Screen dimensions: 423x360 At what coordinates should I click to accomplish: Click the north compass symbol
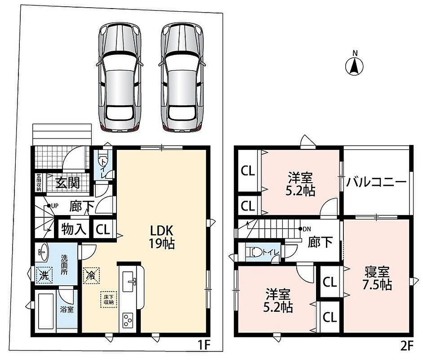tap(355, 66)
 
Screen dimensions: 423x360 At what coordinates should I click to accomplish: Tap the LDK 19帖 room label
tap(161, 237)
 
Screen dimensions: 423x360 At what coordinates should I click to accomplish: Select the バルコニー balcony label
tap(376, 182)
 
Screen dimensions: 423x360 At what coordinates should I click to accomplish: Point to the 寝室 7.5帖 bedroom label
tap(377, 278)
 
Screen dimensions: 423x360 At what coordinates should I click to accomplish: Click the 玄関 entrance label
tap(68, 183)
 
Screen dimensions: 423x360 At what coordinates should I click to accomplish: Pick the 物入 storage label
tap(74, 229)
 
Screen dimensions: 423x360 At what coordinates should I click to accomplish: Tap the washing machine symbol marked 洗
tap(44, 275)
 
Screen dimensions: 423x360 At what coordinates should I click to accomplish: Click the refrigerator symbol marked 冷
tap(91, 275)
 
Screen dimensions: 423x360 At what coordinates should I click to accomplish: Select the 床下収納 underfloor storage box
tap(109, 299)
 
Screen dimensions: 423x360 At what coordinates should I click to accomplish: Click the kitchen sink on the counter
tap(130, 281)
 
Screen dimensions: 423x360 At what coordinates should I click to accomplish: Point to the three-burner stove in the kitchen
tap(129, 320)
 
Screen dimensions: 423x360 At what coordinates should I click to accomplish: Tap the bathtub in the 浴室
tap(46, 311)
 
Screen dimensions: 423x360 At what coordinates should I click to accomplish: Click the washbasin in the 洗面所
tap(42, 252)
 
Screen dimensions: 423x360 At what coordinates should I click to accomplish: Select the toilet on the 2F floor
tap(256, 252)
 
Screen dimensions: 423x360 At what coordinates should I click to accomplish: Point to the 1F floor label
tap(204, 345)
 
